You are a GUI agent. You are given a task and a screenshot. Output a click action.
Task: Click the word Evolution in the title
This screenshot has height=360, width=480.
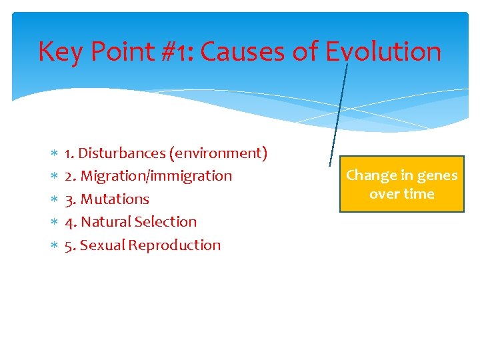[x=383, y=51]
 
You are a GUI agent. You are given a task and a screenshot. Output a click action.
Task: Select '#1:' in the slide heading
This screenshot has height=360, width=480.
[x=175, y=51]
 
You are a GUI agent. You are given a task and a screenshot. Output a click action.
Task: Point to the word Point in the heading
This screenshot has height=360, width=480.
[x=121, y=51]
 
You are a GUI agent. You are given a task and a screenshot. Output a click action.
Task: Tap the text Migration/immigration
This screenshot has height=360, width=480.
[x=156, y=176]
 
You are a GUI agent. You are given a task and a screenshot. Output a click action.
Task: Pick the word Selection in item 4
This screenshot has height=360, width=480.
[x=165, y=221]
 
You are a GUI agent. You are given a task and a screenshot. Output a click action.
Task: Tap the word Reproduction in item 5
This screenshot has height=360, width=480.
[x=175, y=245]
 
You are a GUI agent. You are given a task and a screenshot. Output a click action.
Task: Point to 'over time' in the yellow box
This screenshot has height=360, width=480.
[x=401, y=194]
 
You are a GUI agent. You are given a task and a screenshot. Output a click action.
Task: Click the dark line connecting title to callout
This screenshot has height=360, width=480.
[x=339, y=113]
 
